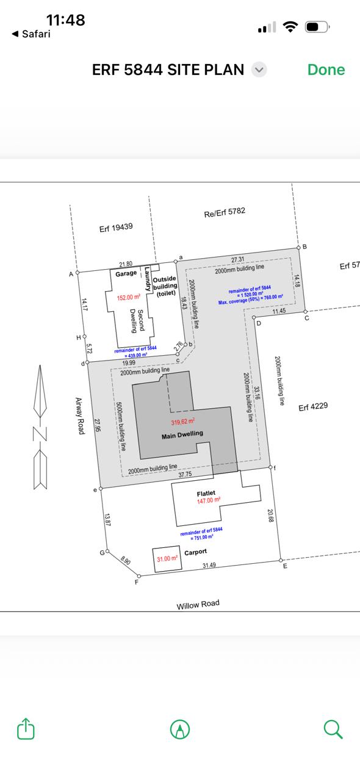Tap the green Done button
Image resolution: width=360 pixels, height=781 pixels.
[x=326, y=70]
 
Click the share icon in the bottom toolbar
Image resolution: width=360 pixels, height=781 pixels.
[x=26, y=729]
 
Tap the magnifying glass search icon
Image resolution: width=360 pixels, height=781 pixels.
[x=333, y=729]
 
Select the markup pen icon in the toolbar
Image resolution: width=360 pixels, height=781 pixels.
[x=180, y=729]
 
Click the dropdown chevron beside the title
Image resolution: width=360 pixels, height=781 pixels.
[x=259, y=70]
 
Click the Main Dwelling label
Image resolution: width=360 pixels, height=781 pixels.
[x=182, y=434]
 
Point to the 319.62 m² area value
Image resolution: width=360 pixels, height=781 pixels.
[x=183, y=422]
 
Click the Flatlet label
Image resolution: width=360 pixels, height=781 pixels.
[x=206, y=493]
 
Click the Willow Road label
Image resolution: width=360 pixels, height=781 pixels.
[x=198, y=604]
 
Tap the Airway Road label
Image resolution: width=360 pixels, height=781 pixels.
[x=80, y=416]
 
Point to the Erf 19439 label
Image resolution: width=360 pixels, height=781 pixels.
[x=116, y=228]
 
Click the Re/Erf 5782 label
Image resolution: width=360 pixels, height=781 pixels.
[x=225, y=212]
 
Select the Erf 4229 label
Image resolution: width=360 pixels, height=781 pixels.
[x=313, y=406]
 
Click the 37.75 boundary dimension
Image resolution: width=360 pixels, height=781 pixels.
[x=185, y=474]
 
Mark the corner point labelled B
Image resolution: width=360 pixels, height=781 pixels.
[x=298, y=247]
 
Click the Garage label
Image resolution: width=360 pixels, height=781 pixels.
[x=126, y=273]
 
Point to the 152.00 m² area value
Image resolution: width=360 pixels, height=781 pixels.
[x=128, y=297]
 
